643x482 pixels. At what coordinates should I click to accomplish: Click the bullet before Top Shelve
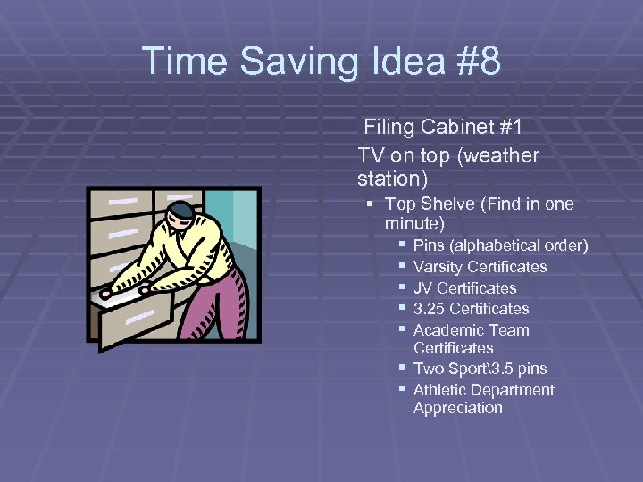click(371, 204)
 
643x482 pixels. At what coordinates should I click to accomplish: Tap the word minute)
click(414, 223)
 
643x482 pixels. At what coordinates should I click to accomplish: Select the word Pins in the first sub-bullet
click(429, 245)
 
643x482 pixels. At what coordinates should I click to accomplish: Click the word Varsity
click(439, 267)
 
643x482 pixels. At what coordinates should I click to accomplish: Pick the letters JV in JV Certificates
click(423, 288)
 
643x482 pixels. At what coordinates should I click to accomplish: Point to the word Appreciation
click(457, 408)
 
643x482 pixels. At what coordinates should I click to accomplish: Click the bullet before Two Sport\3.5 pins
click(403, 369)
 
